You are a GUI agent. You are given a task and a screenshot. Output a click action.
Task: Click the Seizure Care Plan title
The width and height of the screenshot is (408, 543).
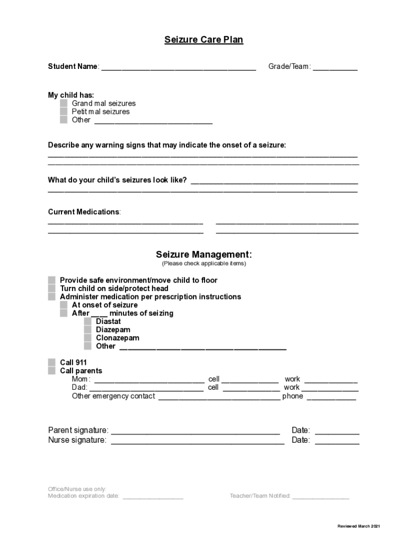203,40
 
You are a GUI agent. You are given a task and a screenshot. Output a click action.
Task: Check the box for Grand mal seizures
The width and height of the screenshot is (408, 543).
64,103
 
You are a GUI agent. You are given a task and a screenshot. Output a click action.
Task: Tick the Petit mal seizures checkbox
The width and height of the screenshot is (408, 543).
64,112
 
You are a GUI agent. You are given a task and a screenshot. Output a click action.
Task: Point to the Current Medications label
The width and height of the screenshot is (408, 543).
84,212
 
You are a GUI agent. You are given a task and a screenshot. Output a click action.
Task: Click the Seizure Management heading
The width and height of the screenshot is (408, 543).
203,255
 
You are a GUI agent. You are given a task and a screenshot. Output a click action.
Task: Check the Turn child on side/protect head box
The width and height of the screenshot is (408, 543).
51,288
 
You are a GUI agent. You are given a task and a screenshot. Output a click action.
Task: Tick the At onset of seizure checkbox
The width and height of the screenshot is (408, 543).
64,305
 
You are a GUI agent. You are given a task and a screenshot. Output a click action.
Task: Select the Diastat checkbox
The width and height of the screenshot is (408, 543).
87,321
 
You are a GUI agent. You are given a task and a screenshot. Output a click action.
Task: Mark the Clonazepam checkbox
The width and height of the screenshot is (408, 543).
87,338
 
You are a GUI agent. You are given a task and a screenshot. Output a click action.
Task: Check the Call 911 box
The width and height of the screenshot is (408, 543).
51,363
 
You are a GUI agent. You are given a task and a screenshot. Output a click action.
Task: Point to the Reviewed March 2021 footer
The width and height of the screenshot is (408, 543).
359,526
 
